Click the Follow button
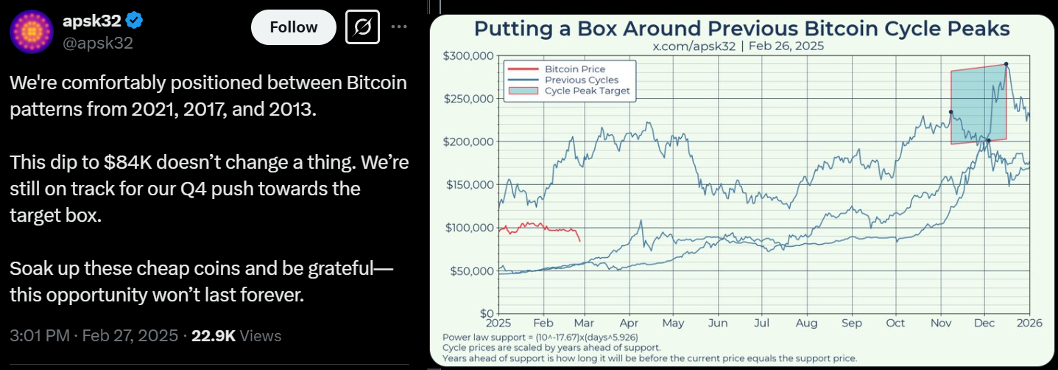(293, 28)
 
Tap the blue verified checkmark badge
(135, 20)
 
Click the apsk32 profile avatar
(31, 32)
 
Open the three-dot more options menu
(398, 27)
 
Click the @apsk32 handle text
(98, 43)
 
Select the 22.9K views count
(213, 336)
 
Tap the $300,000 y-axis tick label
(468, 56)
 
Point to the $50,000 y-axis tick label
(471, 271)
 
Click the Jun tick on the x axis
(718, 323)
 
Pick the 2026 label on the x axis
(1029, 323)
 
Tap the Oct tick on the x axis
(896, 323)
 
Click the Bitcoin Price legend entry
(574, 69)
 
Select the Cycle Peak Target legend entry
(587, 91)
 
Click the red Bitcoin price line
(545, 228)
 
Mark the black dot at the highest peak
(1006, 64)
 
